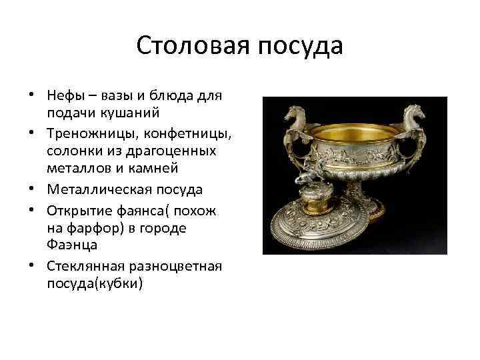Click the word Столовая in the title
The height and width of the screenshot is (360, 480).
coord(189,46)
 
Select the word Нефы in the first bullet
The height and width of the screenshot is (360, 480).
coord(65,95)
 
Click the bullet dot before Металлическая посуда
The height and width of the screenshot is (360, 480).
coord(33,190)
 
